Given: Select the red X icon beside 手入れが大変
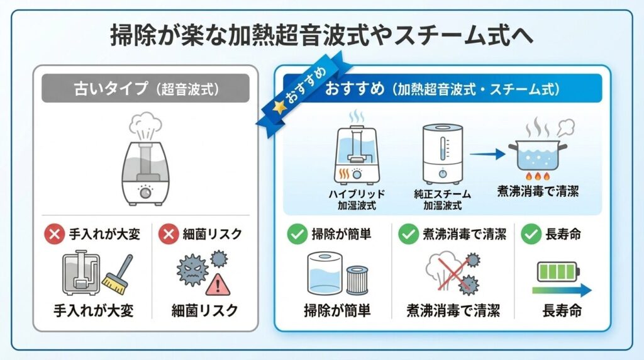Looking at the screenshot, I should click(53, 235).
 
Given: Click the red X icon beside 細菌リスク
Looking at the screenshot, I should click(167, 235).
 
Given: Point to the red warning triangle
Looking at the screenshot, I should click(218, 284).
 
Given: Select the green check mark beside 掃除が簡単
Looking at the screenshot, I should click(296, 235).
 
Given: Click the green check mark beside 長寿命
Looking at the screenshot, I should click(531, 235).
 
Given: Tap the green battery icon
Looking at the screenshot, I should click(558, 271).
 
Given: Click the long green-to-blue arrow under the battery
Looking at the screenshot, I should click(561, 290).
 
